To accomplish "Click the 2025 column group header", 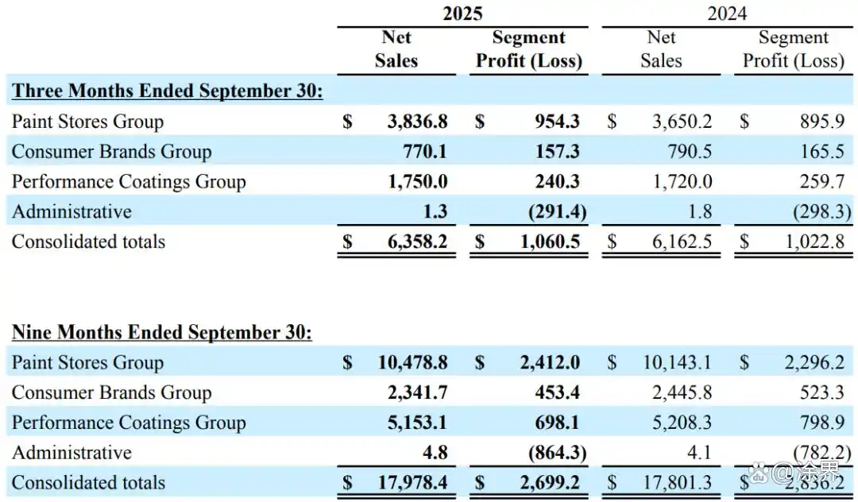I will [x=462, y=14].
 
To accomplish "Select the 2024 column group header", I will [x=726, y=14].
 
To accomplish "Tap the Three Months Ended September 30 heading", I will [x=167, y=91].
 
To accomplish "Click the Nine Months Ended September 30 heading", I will [x=162, y=332].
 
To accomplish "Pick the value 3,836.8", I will [x=417, y=122].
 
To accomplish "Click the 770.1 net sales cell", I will [x=426, y=152].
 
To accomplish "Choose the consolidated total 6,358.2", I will [x=417, y=241].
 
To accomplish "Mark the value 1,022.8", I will [x=815, y=241].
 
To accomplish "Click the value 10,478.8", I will [x=412, y=363].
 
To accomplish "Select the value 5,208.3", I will [x=682, y=423].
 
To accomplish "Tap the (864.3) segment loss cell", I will [x=556, y=453].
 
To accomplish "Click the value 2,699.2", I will [x=550, y=483].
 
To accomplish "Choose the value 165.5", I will [x=822, y=152].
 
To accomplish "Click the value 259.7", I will [x=822, y=182].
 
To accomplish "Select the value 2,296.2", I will [x=815, y=363].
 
